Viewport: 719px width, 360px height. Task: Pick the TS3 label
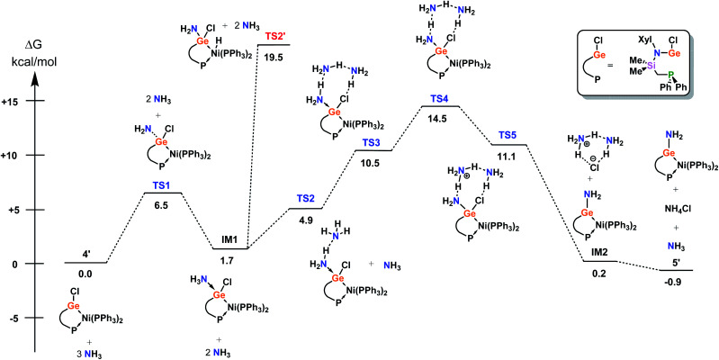tap(373, 143)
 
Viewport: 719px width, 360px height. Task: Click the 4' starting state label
tap(85, 254)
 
